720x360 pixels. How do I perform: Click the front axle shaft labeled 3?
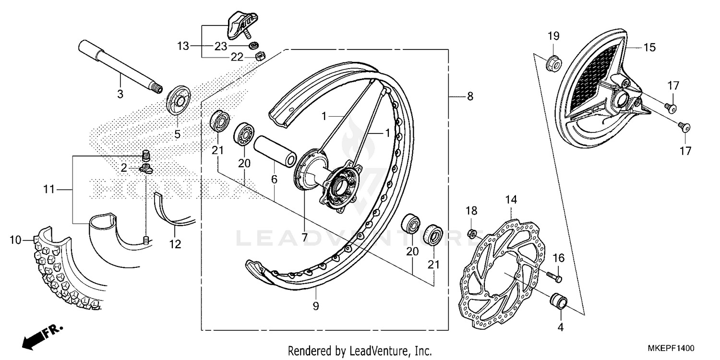[x=120, y=68]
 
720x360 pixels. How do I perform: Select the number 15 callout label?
[x=649, y=48]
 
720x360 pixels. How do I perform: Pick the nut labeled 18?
[x=472, y=234]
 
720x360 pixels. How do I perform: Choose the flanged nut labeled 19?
[x=552, y=63]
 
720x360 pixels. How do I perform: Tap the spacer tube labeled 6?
[x=273, y=151]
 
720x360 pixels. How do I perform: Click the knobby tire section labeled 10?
[x=62, y=269]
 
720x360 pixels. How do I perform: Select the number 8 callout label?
[x=470, y=96]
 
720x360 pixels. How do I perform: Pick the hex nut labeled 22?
[x=258, y=56]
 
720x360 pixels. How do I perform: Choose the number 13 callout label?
[x=183, y=46]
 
